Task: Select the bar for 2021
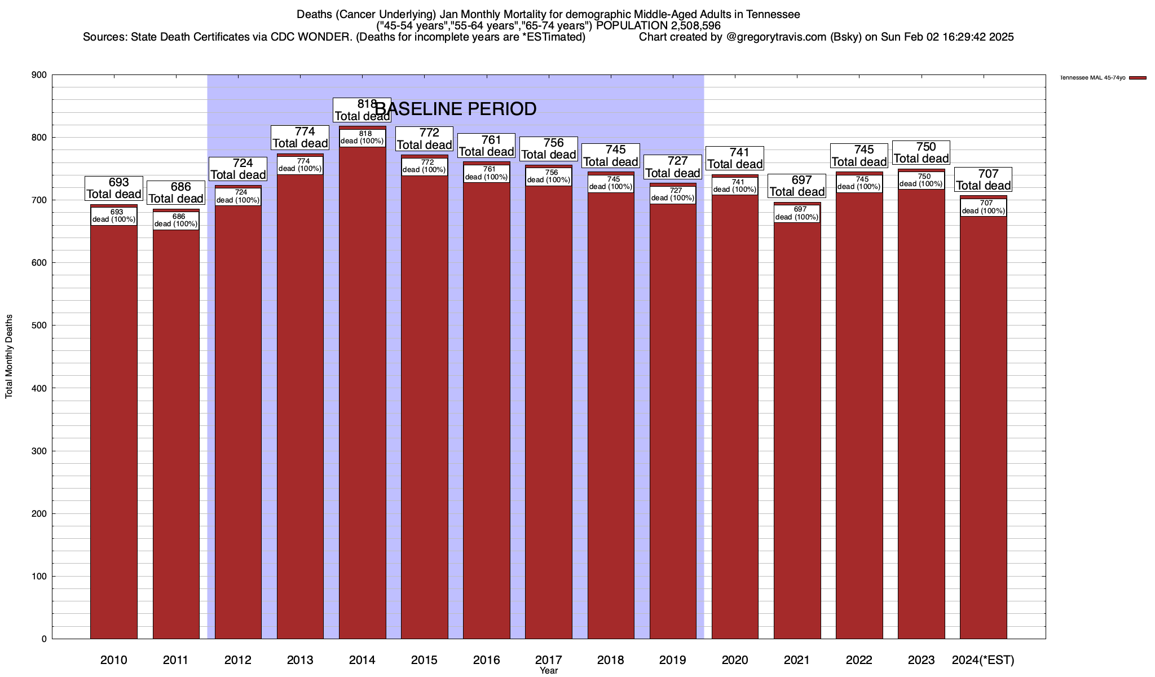pos(797,429)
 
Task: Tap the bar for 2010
pos(114,429)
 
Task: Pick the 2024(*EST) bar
pos(983,429)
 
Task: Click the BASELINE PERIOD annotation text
pos(456,109)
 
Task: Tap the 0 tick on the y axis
pos(44,639)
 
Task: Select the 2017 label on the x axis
pos(548,660)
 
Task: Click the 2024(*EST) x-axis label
pos(983,660)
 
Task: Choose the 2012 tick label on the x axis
pos(238,660)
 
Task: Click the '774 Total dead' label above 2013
pos(300,138)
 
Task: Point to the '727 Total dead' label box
pos(673,168)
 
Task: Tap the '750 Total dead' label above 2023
pos(922,153)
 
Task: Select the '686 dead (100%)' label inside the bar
pos(176,221)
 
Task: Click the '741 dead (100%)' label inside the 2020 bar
pos(735,186)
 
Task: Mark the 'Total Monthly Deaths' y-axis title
pos(9,356)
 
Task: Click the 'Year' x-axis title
pos(548,670)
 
